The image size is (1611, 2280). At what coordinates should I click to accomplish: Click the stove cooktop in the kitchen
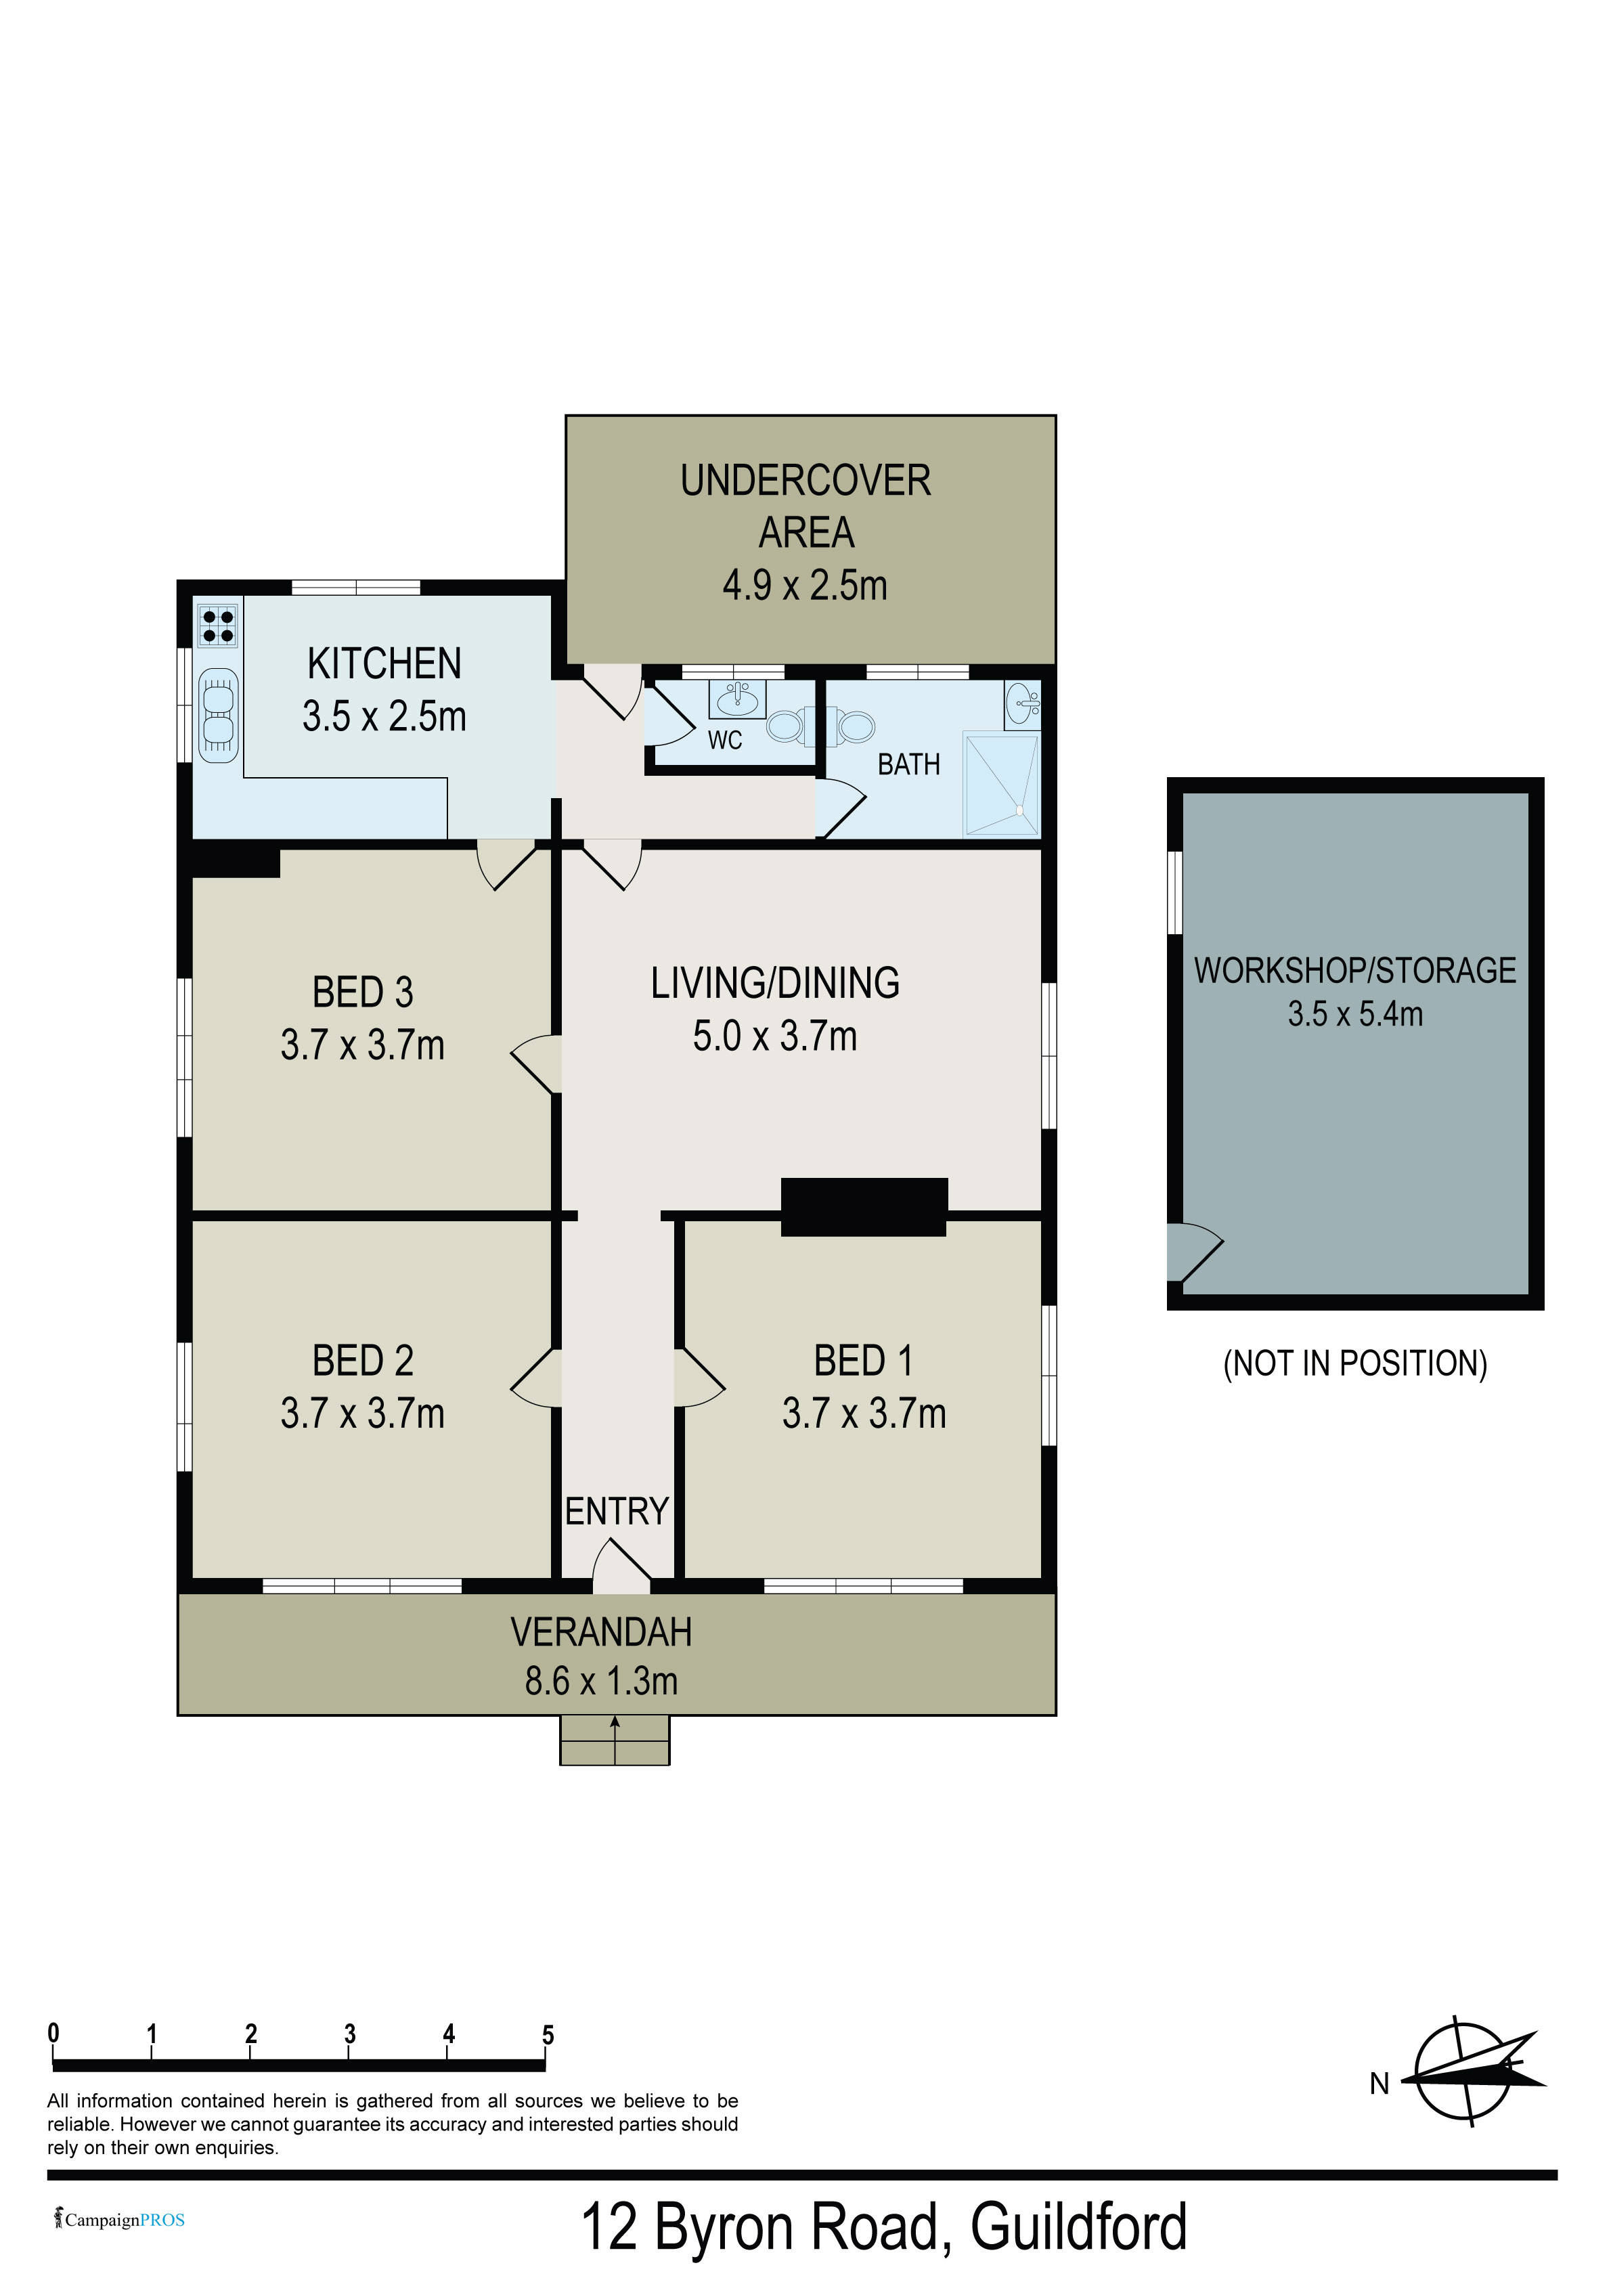(x=217, y=626)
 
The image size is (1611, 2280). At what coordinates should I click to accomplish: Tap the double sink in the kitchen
(x=219, y=715)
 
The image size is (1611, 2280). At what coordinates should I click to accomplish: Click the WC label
(x=725, y=740)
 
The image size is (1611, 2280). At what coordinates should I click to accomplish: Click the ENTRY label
(x=617, y=1510)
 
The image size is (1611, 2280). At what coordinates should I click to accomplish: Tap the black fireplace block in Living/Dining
(x=864, y=1206)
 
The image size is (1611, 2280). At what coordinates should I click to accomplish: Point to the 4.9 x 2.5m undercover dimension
(x=805, y=585)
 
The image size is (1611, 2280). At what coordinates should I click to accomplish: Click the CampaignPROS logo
(x=120, y=2220)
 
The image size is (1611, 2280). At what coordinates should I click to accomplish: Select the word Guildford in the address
(x=1079, y=2227)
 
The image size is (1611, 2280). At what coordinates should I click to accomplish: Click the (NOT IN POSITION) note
(x=1354, y=1363)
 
